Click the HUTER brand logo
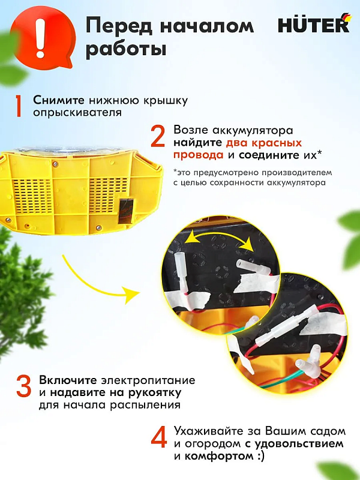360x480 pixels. (312, 25)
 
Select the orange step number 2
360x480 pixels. (158, 137)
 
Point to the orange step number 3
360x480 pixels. (23, 386)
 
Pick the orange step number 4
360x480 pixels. (159, 437)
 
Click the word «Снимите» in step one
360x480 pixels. (58, 100)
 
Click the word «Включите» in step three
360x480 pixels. (64, 380)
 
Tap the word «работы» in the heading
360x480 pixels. (125, 50)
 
